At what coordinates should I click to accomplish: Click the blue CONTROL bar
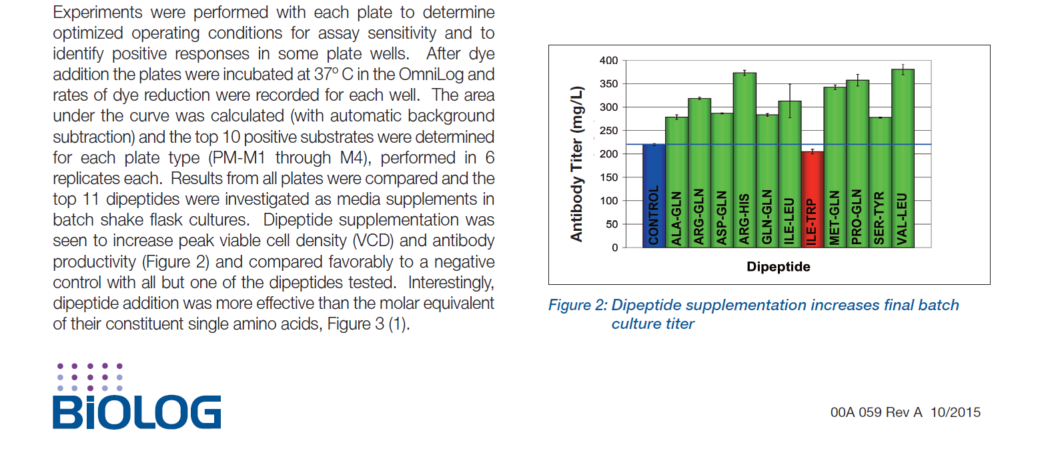[x=654, y=196]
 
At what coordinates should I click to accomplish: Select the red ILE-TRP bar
[x=812, y=200]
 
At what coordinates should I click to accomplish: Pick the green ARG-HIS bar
[x=744, y=160]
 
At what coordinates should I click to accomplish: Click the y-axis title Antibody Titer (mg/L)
[x=577, y=163]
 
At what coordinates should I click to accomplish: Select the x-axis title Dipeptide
[x=778, y=267]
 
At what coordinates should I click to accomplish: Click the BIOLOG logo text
[x=137, y=412]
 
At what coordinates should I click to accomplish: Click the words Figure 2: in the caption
[x=577, y=306]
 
